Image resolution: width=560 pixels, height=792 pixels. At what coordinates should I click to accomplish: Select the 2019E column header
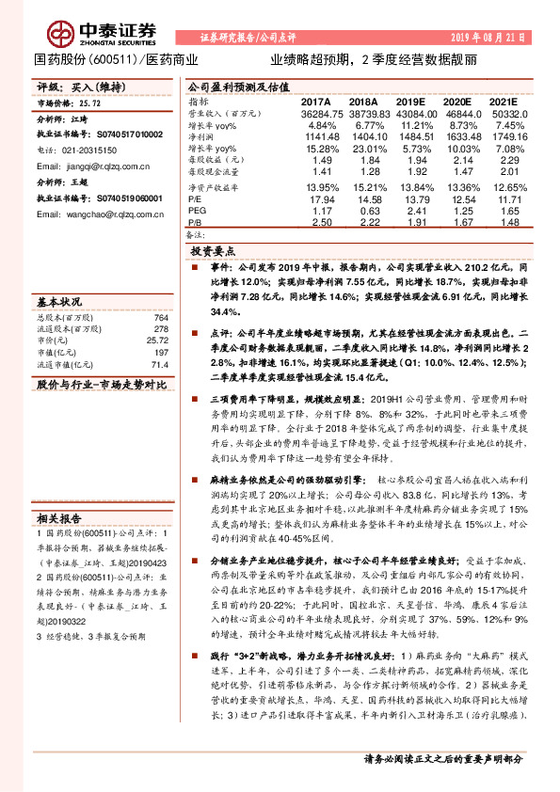point(410,101)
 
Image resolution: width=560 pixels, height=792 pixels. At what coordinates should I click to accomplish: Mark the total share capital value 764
point(160,319)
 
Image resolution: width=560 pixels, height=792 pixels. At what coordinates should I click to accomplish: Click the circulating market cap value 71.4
point(158,364)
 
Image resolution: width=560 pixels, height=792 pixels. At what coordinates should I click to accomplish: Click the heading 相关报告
point(60,518)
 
